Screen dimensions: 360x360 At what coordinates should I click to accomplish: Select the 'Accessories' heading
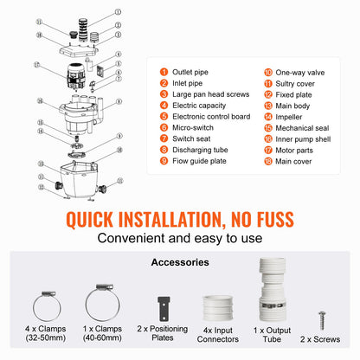(x=180, y=261)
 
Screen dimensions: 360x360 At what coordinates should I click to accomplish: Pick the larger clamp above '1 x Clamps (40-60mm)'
(x=100, y=305)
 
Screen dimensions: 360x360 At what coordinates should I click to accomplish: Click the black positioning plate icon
(x=161, y=307)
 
